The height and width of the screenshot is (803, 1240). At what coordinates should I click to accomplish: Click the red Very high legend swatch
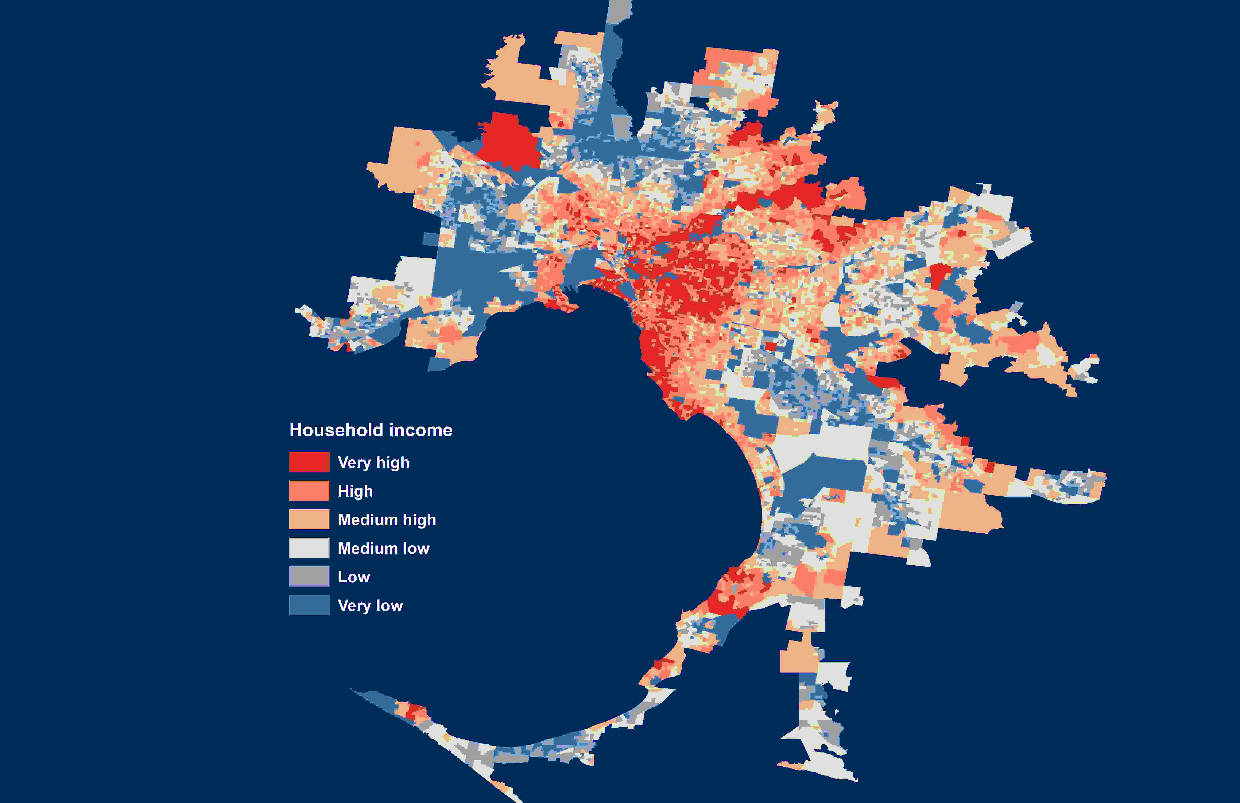(x=309, y=462)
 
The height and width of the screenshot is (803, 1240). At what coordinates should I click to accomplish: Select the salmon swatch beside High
(x=309, y=491)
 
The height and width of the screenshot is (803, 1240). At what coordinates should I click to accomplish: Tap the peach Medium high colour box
(x=309, y=519)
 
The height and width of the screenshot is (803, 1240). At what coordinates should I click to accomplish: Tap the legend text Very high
(x=374, y=462)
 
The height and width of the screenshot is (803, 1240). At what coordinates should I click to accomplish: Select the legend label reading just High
(x=355, y=491)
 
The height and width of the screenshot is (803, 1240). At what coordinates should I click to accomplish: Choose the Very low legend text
(x=370, y=606)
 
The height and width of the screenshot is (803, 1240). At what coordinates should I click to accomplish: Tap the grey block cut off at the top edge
(x=619, y=10)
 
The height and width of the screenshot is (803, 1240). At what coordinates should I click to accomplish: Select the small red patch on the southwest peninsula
(x=416, y=712)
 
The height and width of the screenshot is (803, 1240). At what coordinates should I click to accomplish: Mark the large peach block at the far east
(x=969, y=511)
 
